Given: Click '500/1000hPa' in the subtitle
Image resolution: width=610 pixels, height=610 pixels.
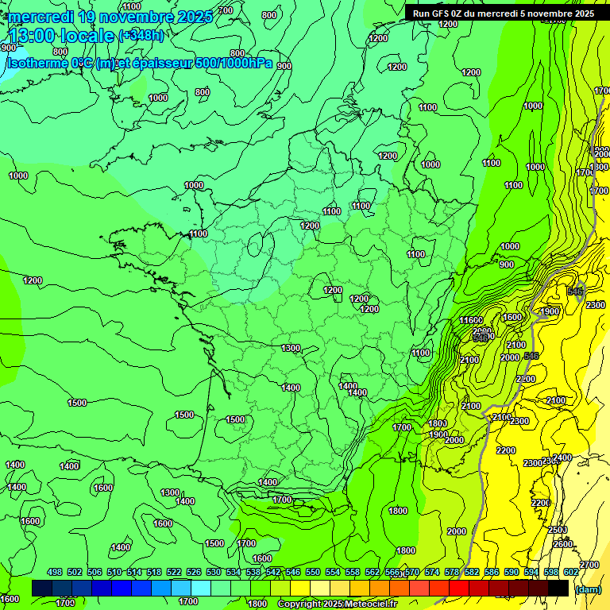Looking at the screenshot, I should [x=234, y=63].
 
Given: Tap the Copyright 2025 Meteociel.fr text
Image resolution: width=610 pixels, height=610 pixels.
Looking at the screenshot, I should [x=336, y=604].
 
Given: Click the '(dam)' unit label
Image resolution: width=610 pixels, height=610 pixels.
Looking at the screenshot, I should [x=588, y=589].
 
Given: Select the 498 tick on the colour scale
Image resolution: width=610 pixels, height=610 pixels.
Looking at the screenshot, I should [x=55, y=572].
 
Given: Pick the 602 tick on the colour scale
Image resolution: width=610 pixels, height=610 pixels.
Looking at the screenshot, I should [x=570, y=572].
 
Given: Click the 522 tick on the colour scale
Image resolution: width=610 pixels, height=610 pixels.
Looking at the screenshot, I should [x=173, y=572].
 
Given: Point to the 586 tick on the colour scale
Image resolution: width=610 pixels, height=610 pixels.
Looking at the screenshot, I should [x=491, y=572].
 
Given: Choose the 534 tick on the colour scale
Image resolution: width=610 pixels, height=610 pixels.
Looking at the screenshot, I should [x=233, y=572].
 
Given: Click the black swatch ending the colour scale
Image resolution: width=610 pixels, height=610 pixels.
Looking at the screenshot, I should [x=558, y=588].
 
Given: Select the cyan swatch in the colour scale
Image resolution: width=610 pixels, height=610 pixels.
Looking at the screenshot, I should [x=201, y=588].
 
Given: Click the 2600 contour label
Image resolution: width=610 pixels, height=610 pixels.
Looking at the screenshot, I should [x=562, y=544].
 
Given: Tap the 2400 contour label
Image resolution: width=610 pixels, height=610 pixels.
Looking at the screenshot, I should [x=562, y=457].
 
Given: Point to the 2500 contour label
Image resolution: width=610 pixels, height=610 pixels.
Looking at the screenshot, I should [x=557, y=529].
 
